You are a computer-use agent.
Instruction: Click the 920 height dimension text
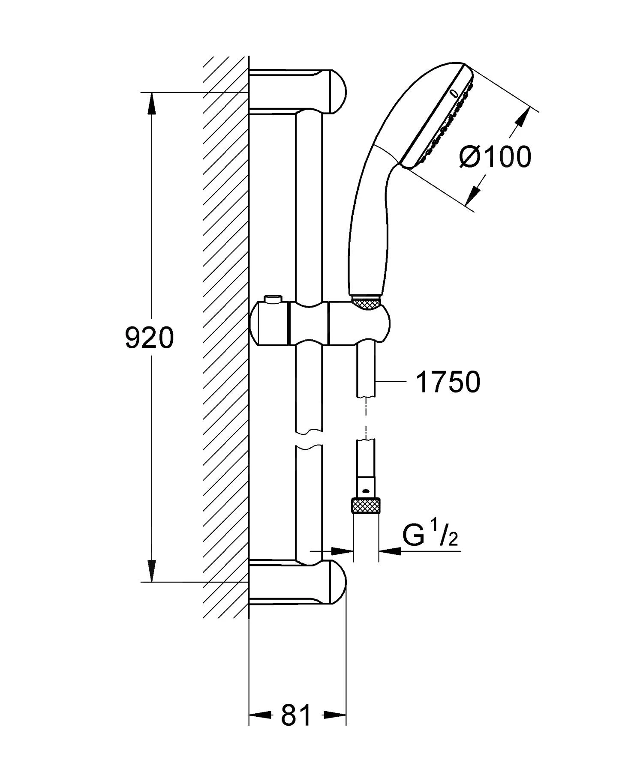click(149, 338)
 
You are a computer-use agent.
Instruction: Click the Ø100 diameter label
click(495, 156)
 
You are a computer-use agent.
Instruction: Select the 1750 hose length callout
click(448, 382)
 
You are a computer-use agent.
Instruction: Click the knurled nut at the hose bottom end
click(366, 506)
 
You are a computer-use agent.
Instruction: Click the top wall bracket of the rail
click(300, 91)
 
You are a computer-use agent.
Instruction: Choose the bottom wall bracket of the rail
click(300, 582)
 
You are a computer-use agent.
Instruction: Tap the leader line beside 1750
click(390, 381)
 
